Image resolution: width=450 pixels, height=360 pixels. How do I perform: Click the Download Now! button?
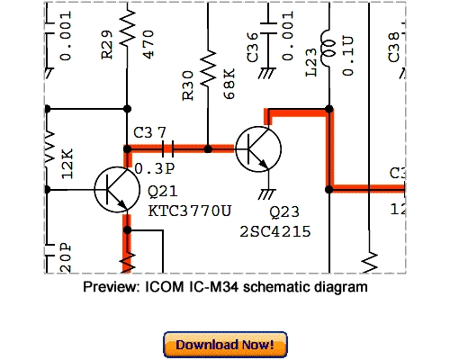pyautogui.click(x=225, y=345)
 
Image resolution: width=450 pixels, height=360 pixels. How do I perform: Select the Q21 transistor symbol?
pyautogui.click(x=114, y=190)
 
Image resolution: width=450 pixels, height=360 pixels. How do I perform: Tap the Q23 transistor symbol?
pyautogui.click(x=257, y=148)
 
